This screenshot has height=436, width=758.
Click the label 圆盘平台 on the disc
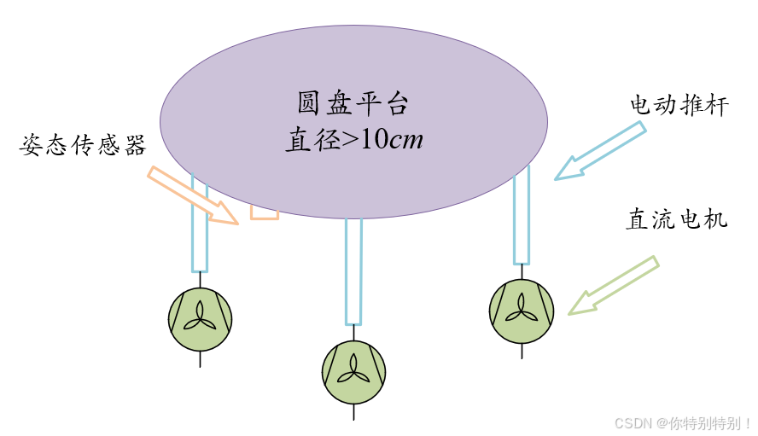coord(353,104)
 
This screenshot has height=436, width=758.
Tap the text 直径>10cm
coord(353,139)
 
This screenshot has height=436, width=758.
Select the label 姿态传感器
coord(83,146)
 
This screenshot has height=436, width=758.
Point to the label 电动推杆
coord(679,106)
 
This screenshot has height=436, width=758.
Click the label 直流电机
coord(676,219)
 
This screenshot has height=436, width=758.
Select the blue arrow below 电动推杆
coord(600,151)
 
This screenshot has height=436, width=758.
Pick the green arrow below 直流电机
coord(614,286)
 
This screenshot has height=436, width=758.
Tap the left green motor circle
coord(200,319)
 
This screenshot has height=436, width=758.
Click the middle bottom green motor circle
coord(353,372)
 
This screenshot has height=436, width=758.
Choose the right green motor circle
coord(522,311)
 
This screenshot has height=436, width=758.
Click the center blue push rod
coord(353,271)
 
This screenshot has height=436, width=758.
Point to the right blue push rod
coord(522,215)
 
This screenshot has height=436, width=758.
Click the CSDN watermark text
coord(683,423)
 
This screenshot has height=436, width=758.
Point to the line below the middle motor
coord(353,412)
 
